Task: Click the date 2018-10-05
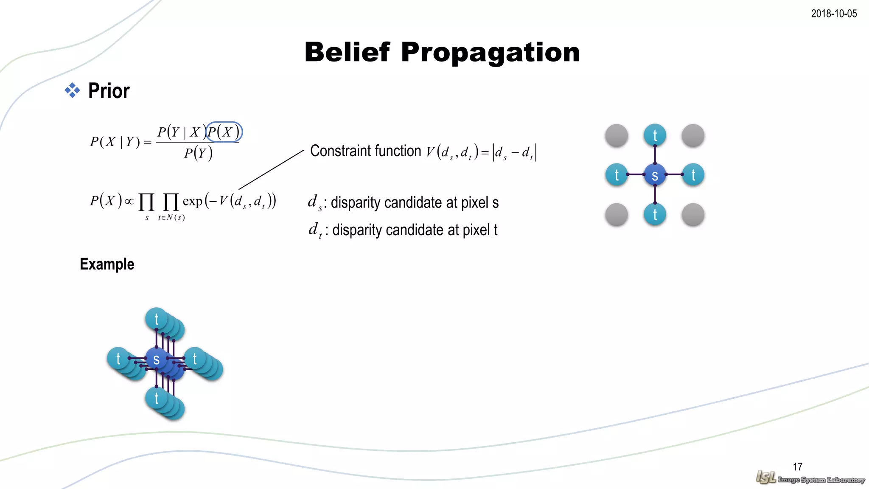tap(833, 14)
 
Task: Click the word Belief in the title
tap(347, 52)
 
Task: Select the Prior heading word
tap(109, 91)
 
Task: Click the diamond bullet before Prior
tap(72, 90)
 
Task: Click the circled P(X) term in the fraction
tap(224, 132)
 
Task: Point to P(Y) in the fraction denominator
tap(198, 153)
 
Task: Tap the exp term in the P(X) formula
tap(192, 201)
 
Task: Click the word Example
tap(107, 264)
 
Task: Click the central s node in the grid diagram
tap(655, 175)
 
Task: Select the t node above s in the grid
tap(655, 135)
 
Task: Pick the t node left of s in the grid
tap(617, 175)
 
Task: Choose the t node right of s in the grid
tap(693, 175)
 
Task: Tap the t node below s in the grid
tap(655, 214)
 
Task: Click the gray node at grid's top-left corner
tap(617, 135)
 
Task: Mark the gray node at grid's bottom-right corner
tap(693, 214)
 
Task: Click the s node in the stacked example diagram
tap(156, 359)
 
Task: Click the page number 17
tap(797, 467)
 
